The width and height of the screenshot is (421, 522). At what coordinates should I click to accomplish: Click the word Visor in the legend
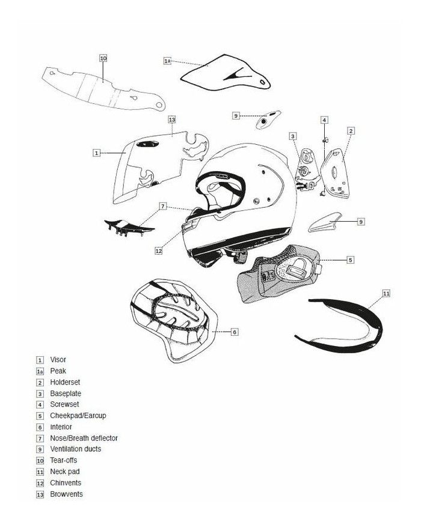pos(58,360)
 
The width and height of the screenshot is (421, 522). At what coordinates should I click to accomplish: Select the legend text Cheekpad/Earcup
pos(78,416)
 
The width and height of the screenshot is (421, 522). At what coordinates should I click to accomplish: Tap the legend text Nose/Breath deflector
pos(84,438)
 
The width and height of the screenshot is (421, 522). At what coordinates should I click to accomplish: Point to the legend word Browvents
pos(66,494)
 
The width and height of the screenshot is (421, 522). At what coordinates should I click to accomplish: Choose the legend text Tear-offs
pos(64,460)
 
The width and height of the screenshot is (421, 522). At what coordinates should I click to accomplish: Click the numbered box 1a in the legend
pos(40,371)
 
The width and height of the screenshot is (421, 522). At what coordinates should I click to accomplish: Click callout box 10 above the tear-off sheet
pos(103,58)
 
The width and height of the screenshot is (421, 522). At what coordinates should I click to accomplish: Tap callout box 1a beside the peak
pos(168,61)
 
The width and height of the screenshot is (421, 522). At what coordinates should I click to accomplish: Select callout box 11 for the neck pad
pos(386,293)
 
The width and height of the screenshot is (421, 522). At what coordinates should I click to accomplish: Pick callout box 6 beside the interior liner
pos(235,332)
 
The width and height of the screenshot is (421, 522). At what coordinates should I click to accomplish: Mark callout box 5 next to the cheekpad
pos(350,260)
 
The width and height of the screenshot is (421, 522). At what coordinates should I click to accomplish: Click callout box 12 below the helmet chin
pos(158,251)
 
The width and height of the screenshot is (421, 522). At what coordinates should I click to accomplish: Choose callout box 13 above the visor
pos(172,120)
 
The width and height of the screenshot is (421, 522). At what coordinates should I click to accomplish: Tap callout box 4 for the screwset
pos(324,120)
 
